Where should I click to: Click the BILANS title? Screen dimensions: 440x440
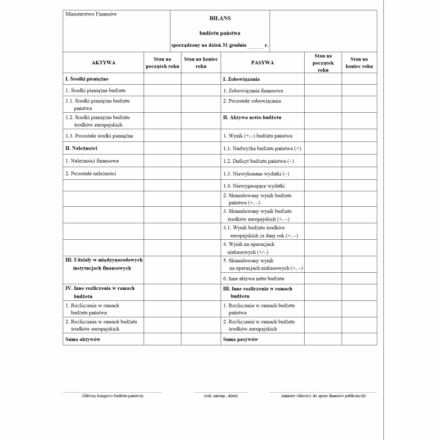[220, 18]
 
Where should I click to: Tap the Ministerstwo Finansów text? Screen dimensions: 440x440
[91, 14]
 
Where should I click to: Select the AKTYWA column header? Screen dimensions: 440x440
[103, 63]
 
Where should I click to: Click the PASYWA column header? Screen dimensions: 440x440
[262, 63]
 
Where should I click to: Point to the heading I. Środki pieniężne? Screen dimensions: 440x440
[87, 79]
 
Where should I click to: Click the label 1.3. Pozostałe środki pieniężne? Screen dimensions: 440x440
[99, 135]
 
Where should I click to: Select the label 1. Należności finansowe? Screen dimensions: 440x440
[92, 161]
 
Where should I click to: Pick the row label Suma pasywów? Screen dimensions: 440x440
[240, 339]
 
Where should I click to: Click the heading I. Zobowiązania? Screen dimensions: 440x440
[245, 79]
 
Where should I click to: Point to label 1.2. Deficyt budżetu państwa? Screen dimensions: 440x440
[258, 161]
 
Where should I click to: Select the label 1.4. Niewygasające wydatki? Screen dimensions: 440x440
[254, 186]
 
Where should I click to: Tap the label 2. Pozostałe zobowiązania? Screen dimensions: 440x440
[252, 101]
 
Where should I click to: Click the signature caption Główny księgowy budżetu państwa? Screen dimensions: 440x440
[112, 396]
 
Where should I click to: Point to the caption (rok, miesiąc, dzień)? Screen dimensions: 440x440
[221, 396]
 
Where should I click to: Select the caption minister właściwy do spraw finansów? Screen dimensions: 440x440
[323, 396]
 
